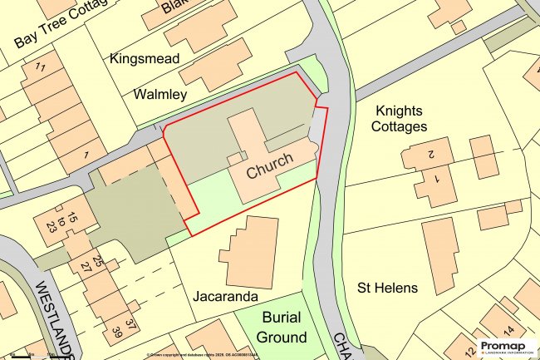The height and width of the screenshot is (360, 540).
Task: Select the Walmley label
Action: tap(160, 95)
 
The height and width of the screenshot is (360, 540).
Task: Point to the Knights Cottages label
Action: tap(401, 118)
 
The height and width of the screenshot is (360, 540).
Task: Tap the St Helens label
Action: tap(387, 288)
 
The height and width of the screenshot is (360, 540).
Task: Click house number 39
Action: tap(115, 334)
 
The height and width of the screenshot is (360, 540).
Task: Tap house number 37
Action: tap(130, 323)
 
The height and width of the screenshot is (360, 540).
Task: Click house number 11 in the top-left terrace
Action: tap(39, 67)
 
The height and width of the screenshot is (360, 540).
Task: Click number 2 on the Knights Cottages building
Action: tap(431, 155)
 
